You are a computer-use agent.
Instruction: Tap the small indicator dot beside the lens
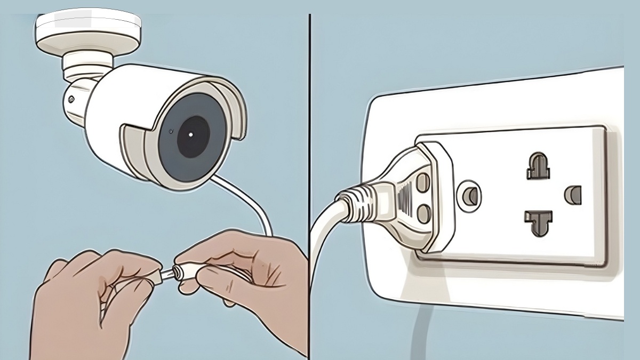170,131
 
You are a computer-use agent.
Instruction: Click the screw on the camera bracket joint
70,100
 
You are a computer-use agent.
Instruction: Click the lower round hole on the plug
423,214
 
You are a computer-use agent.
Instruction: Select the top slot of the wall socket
538,166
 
